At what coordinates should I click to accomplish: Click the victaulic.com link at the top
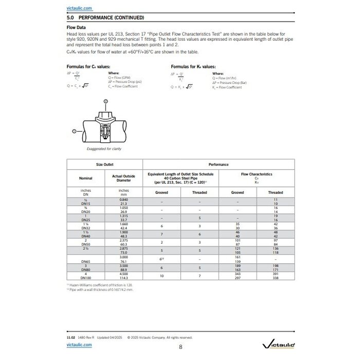click(x=79, y=9)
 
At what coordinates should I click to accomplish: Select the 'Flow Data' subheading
click(x=77, y=27)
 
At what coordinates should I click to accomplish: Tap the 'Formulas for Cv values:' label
click(x=88, y=67)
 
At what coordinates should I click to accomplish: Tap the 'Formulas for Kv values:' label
click(x=193, y=67)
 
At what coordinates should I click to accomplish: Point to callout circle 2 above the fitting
click(x=105, y=102)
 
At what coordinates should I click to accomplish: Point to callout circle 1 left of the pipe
click(x=74, y=131)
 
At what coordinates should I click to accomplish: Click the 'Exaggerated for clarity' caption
click(x=103, y=149)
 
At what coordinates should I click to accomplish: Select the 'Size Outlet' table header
click(x=104, y=165)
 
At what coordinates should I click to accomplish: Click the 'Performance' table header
click(x=218, y=165)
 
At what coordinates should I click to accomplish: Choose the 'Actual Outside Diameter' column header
click(x=123, y=178)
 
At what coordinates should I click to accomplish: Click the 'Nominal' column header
click(x=85, y=178)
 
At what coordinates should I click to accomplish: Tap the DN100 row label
click(x=85, y=278)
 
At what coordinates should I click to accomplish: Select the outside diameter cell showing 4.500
click(x=123, y=274)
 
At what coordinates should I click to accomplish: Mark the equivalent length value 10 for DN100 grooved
click(x=161, y=276)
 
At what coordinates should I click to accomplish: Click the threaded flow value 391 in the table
click(x=275, y=274)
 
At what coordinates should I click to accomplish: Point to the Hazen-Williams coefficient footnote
click(x=101, y=284)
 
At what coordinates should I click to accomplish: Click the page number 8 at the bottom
click(x=181, y=347)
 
